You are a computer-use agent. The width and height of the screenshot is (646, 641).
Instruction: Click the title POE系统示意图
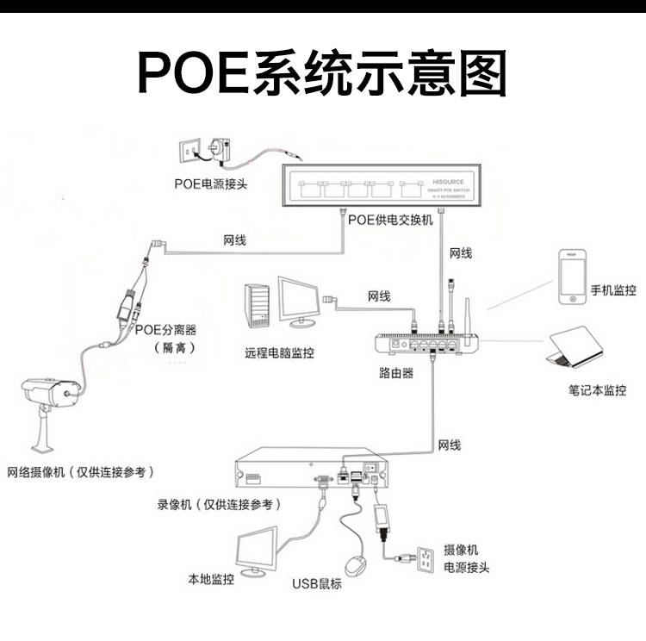322,74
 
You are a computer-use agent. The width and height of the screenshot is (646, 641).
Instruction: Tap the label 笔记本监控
597,390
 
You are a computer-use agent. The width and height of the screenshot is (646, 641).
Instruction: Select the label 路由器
396,373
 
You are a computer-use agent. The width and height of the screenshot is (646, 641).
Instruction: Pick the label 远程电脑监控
279,353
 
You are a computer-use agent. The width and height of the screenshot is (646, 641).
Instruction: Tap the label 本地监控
211,579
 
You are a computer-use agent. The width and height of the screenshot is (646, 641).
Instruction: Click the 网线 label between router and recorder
449,445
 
